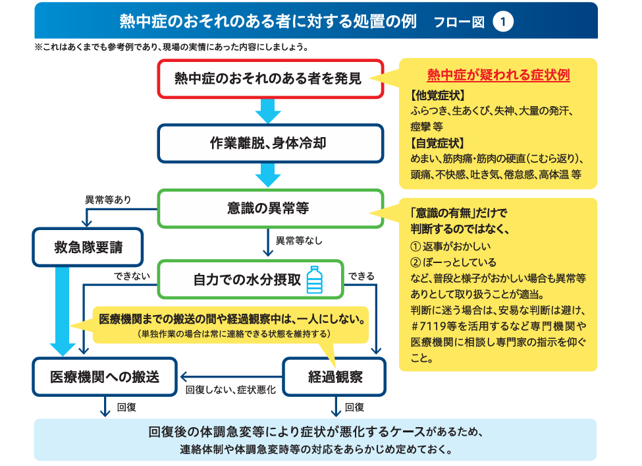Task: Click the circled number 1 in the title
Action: (x=503, y=22)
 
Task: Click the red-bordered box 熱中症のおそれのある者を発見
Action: (x=271, y=78)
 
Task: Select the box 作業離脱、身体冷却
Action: (x=271, y=144)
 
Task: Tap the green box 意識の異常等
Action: (x=271, y=208)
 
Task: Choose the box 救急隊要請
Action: (x=88, y=247)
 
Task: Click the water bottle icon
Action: (x=315, y=279)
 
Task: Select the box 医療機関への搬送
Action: (x=105, y=376)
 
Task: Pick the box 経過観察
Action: (x=334, y=376)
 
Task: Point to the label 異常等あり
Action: (x=108, y=200)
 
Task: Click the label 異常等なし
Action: (x=299, y=241)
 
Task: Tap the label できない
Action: (x=132, y=276)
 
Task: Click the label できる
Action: (x=361, y=276)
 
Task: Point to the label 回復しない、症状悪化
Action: (x=230, y=390)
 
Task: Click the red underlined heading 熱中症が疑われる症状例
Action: (x=498, y=75)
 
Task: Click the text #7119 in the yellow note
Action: (x=429, y=326)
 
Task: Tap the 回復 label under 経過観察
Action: (x=354, y=407)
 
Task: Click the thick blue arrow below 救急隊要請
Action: (x=63, y=311)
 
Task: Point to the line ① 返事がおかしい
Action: (x=450, y=247)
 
